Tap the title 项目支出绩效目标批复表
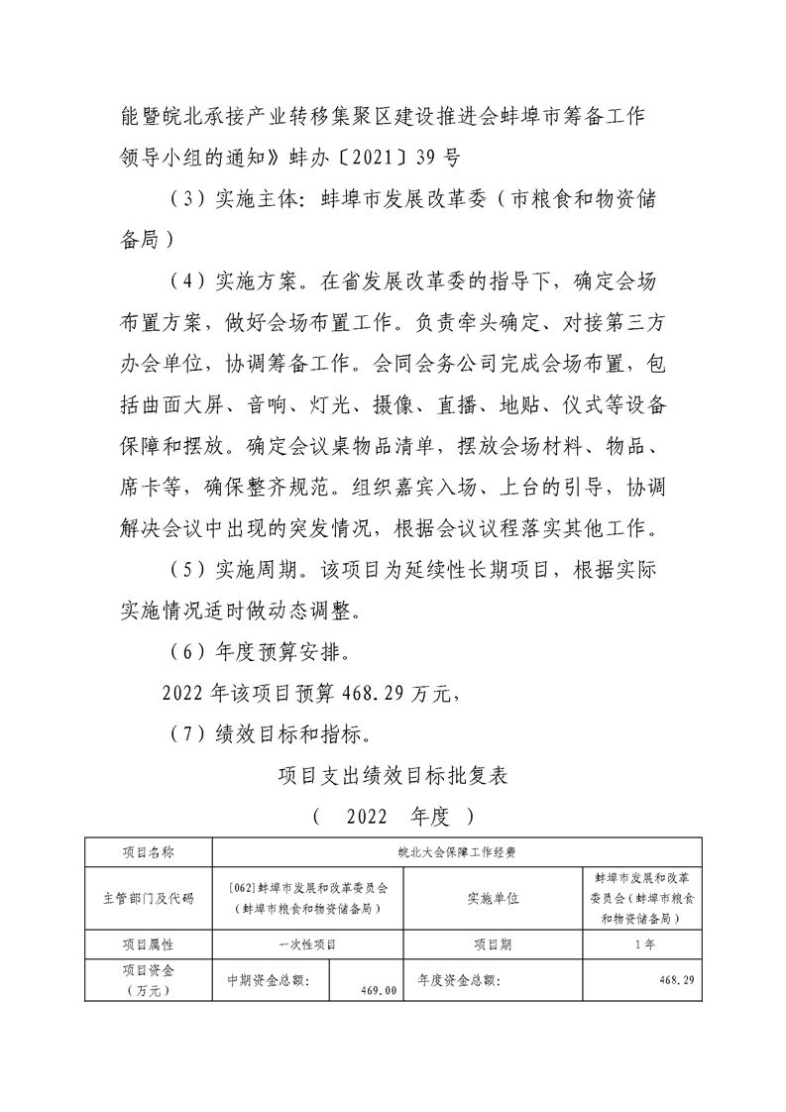coord(393,776)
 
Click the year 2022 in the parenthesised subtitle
coord(373,819)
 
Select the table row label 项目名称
coord(148,851)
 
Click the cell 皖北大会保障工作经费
coord(456,851)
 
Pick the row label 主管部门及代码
coord(148,898)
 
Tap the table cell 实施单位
coord(493,898)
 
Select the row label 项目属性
coord(148,945)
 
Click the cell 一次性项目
coord(307,945)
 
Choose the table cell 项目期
coord(493,945)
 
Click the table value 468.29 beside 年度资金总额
coord(677,980)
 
